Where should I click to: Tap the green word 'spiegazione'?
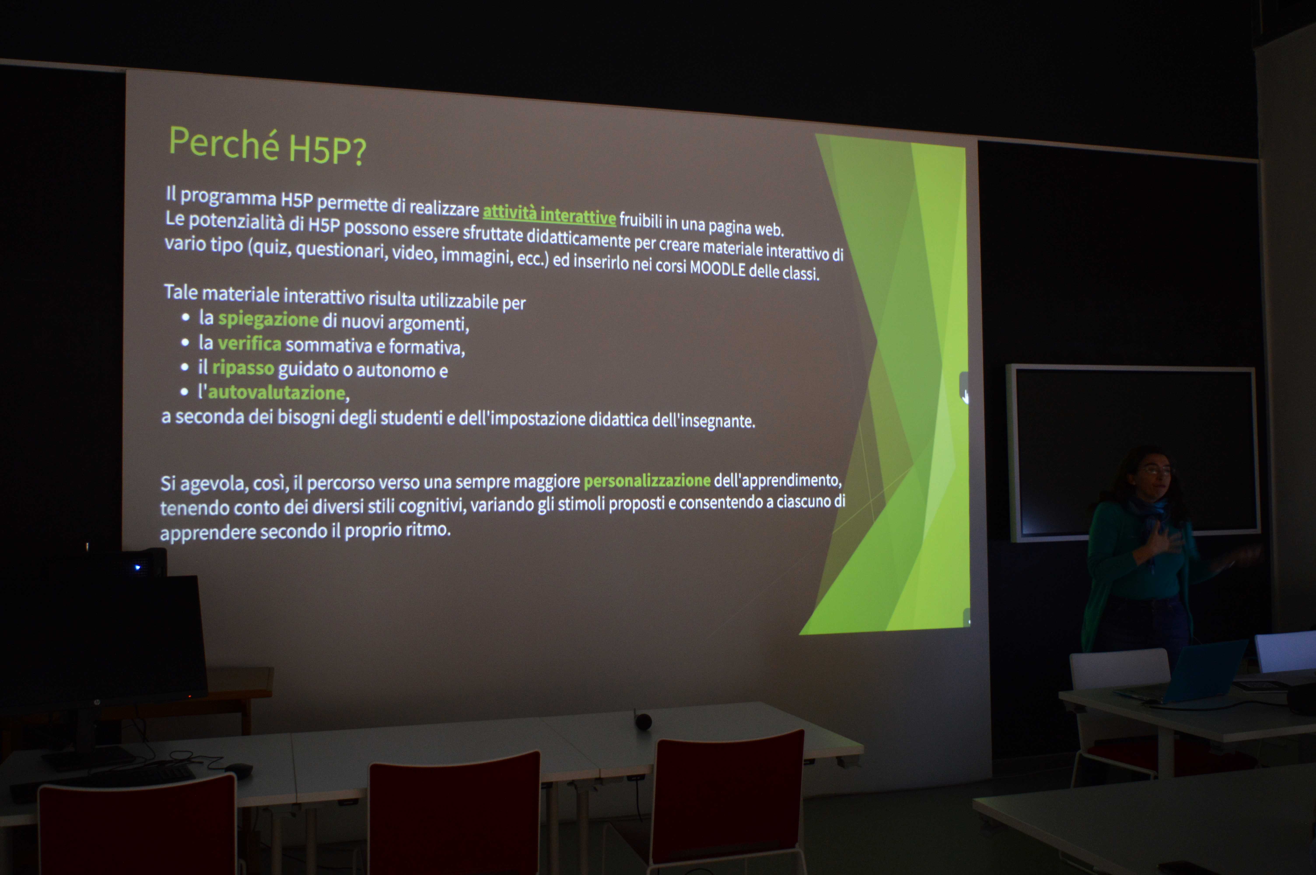coord(268,319)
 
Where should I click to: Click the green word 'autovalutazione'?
coord(277,392)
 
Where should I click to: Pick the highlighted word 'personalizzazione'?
coord(647,480)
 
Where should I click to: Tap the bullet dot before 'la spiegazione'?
coord(186,317)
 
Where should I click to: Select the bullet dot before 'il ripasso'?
coord(185,367)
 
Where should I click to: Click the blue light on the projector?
coord(137,567)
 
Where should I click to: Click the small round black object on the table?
coord(643,721)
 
